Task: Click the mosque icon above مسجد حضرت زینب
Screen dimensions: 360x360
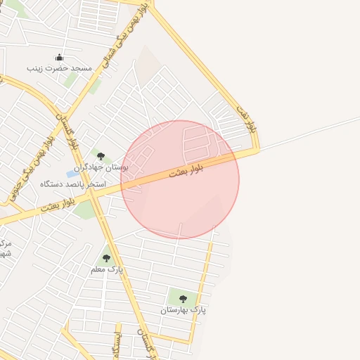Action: coord(59,58)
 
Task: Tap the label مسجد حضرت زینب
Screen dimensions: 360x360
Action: coord(60,68)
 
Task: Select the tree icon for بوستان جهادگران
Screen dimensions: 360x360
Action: coord(101,156)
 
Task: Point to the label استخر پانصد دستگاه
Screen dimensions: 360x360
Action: coord(73,184)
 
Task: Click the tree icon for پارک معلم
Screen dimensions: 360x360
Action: coord(107,258)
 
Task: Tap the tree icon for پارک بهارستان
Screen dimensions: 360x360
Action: coord(183,299)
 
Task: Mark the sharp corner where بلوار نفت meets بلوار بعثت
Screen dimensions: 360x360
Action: coord(258,148)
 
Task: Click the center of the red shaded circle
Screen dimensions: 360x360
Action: coord(180,180)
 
